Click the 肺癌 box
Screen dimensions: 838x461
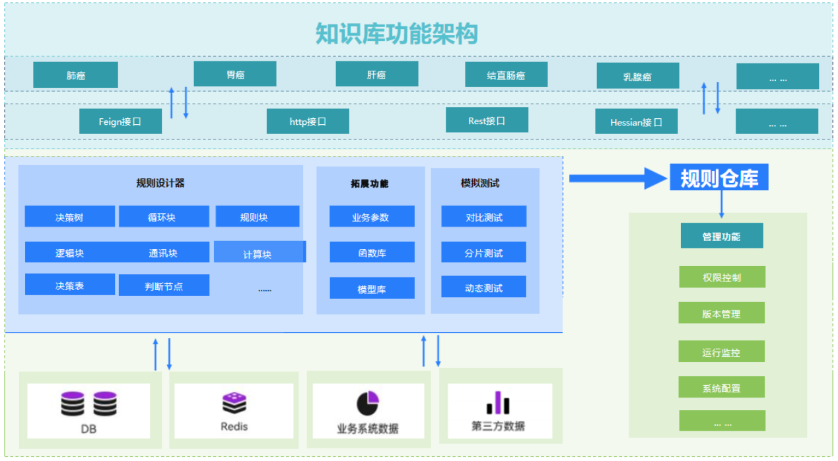pos(75,75)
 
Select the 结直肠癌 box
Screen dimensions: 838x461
pos(506,75)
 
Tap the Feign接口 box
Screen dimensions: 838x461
pos(120,122)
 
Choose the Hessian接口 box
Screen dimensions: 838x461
pos(637,122)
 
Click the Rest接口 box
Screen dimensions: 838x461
pos(487,120)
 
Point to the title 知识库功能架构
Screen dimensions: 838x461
pos(397,34)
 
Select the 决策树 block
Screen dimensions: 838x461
pos(70,216)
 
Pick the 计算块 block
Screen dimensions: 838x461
pos(260,252)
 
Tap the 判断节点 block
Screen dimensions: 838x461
pos(164,285)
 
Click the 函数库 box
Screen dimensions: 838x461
pos(372,252)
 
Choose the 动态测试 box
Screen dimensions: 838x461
pos(484,287)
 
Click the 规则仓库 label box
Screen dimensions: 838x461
pos(719,177)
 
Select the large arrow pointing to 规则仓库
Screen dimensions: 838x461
pos(618,178)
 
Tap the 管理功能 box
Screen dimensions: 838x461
pos(722,236)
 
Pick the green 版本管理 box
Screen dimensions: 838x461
pos(722,313)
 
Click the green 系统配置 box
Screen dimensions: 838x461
pos(722,387)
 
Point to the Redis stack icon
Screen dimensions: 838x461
pos(234,403)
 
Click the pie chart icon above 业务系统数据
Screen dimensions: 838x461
pos(368,404)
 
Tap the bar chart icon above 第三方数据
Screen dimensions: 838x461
pos(498,403)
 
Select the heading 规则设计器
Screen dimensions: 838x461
pos(160,183)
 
